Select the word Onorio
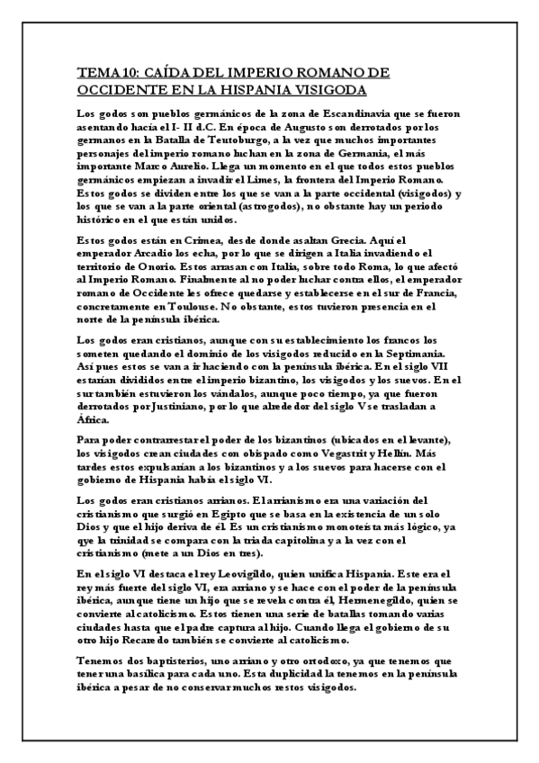click(x=154, y=265)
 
